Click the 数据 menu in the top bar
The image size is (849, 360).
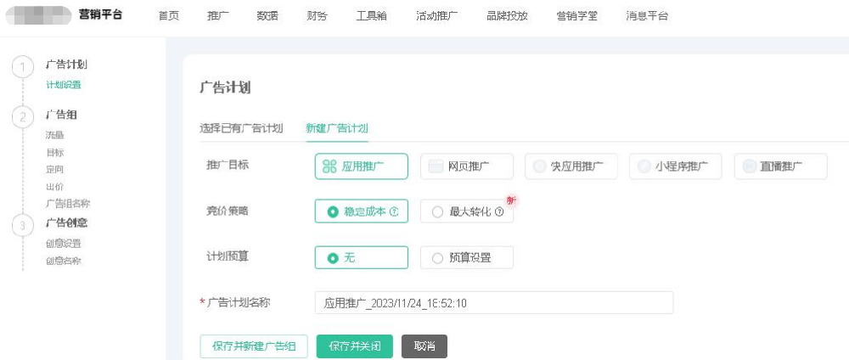pyautogui.click(x=267, y=16)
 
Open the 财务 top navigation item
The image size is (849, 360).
pyautogui.click(x=317, y=16)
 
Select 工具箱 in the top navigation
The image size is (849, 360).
pyautogui.click(x=371, y=16)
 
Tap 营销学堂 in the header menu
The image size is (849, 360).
pyautogui.click(x=576, y=16)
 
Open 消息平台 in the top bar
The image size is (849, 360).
pyautogui.click(x=647, y=16)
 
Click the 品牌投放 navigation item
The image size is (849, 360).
pyautogui.click(x=507, y=16)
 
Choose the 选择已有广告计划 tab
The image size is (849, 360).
pyautogui.click(x=241, y=128)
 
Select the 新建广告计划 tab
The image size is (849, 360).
pyautogui.click(x=337, y=128)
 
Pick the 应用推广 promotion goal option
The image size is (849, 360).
pyautogui.click(x=361, y=166)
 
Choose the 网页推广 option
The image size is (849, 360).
pyautogui.click(x=466, y=166)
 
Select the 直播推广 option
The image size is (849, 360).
pyautogui.click(x=780, y=166)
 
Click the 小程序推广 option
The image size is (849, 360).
pyautogui.click(x=675, y=166)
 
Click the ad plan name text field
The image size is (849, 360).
pyautogui.click(x=493, y=303)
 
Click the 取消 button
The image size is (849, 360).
pyautogui.click(x=424, y=346)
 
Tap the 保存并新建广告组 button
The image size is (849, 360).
pyautogui.click(x=254, y=346)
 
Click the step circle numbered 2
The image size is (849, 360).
pyautogui.click(x=23, y=118)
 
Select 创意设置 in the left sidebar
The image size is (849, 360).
pyautogui.click(x=64, y=243)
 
